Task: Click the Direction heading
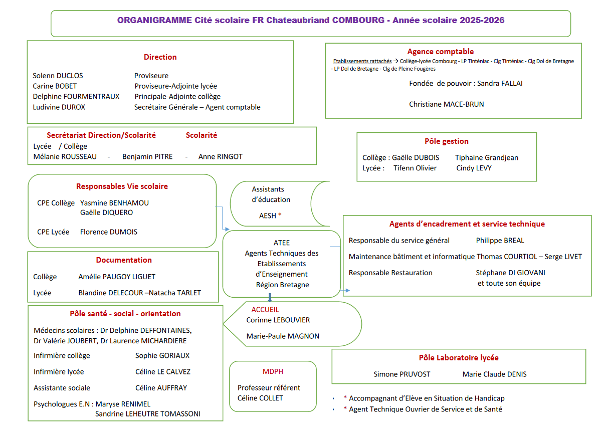pos(160,57)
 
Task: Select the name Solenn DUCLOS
pos(58,76)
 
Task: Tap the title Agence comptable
pos(440,52)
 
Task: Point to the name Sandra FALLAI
pos(500,83)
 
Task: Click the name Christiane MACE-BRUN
pos(447,104)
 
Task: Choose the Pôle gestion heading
pos(447,141)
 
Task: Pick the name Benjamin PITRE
pos(147,157)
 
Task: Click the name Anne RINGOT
pos(220,157)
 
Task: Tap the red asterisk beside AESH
pos(280,215)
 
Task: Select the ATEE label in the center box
pos(282,243)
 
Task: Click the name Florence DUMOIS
pos(108,232)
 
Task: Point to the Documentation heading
pos(124,260)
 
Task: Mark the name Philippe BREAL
pos(500,241)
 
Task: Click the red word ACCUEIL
pos(265,310)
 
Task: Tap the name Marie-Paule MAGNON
pos(283,336)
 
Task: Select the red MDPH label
pos(273,372)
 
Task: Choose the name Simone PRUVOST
pos(401,374)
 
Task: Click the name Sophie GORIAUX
pos(162,356)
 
